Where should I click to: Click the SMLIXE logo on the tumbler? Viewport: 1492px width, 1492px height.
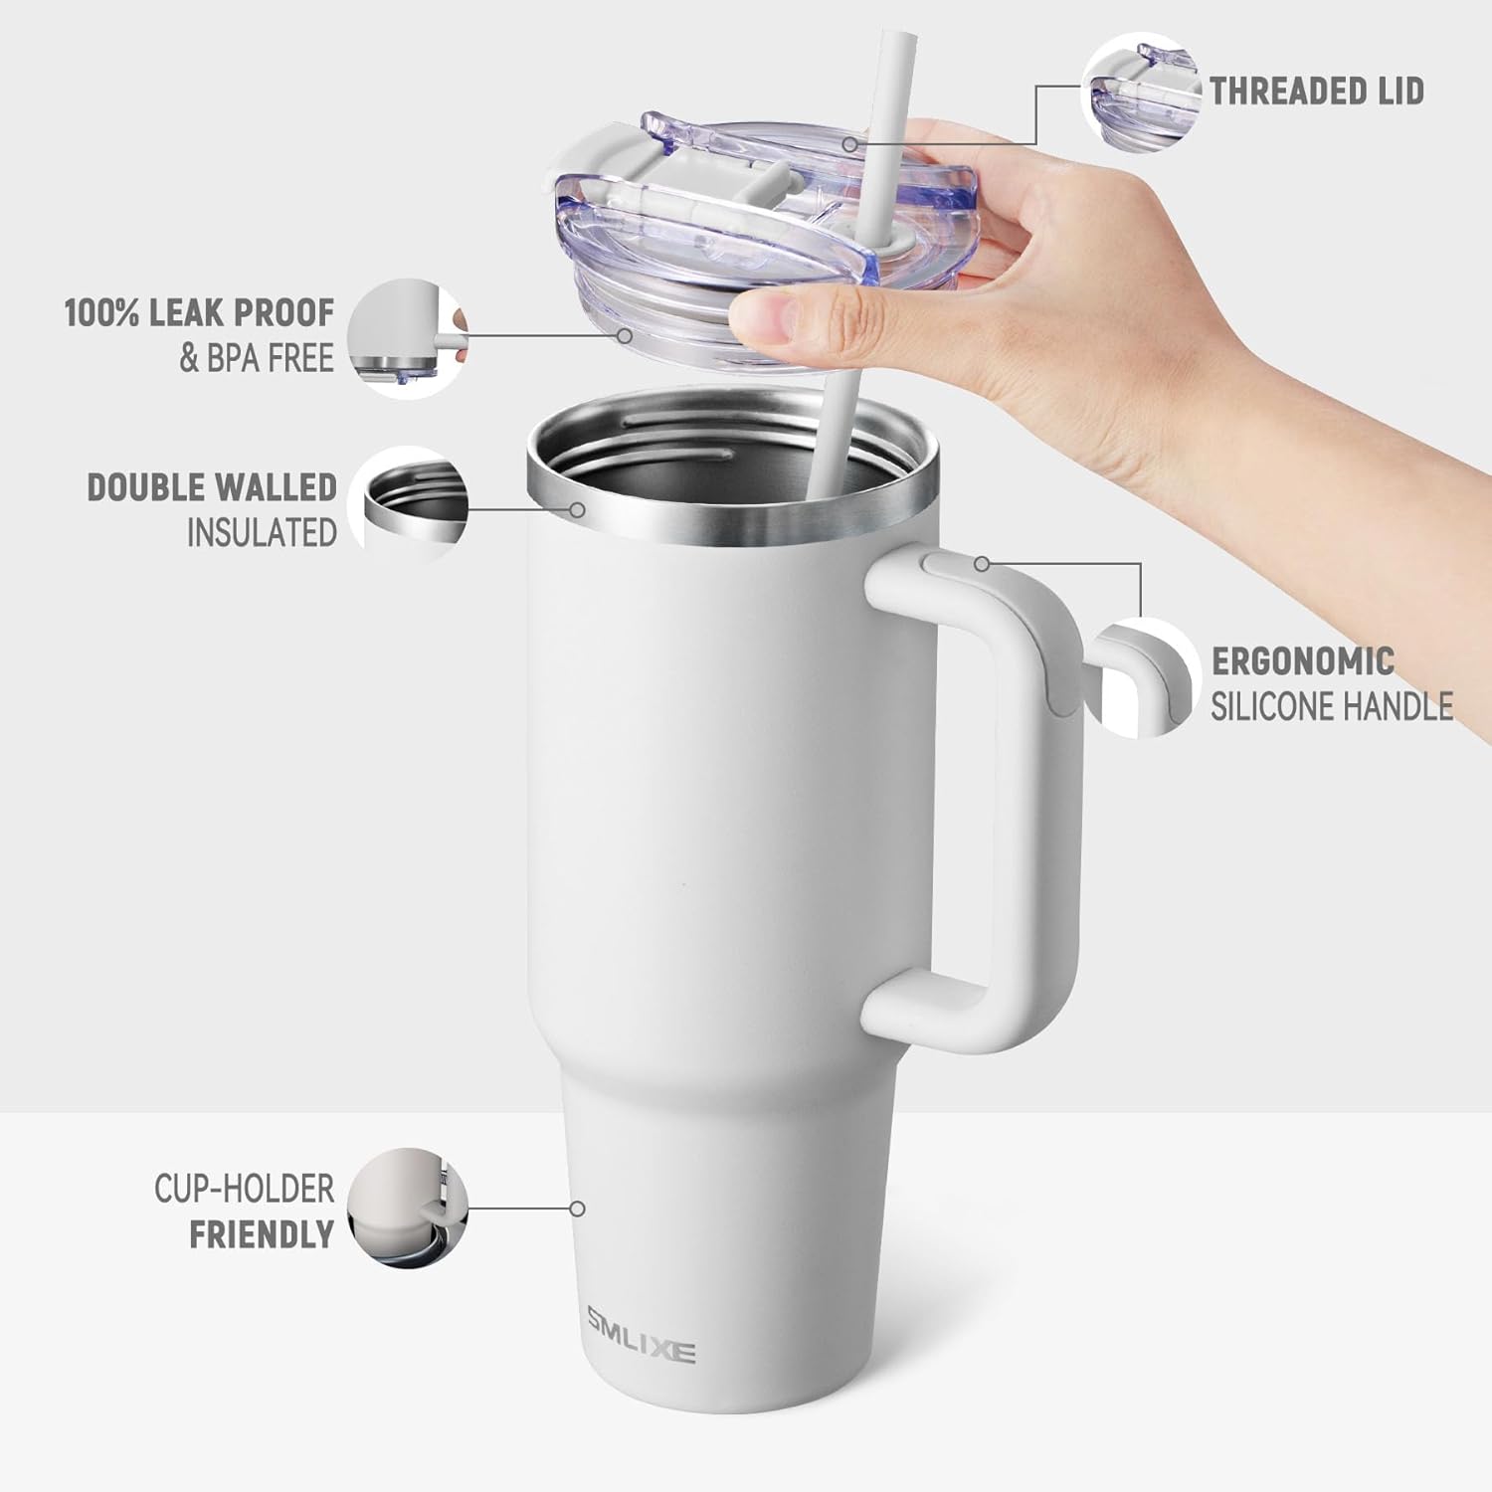point(640,1336)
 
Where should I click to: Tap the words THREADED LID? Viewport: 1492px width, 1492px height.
point(1316,92)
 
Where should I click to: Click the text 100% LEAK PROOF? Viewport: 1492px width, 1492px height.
point(199,313)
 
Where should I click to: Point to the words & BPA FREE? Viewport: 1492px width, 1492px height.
point(256,358)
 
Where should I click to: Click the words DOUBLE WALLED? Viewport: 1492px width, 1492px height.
point(212,487)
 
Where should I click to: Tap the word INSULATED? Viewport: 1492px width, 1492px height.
point(262,533)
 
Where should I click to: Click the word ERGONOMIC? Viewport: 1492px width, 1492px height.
point(1302,661)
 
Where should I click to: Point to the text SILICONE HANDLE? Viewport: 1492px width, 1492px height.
point(1331,707)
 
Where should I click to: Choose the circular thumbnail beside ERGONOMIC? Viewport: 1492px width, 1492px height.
point(1144,677)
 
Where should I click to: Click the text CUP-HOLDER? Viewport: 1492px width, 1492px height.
point(244,1189)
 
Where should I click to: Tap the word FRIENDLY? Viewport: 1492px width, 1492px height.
point(262,1234)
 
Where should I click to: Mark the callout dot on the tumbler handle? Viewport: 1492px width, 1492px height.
point(982,564)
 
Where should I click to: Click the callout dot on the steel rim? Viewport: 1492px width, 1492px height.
point(577,509)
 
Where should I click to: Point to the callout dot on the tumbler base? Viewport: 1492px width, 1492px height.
point(577,1209)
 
